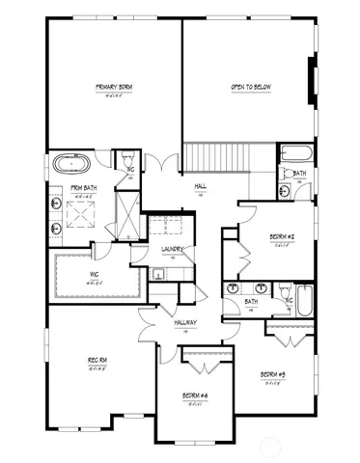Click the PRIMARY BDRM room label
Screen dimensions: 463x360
[114, 88]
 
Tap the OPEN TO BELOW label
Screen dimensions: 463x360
[248, 88]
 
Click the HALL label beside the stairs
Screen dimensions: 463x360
[201, 186]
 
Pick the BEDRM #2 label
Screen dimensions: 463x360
[281, 236]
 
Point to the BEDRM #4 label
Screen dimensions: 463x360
[196, 395]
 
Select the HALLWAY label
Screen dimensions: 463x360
[185, 322]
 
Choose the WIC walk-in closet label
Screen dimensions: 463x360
[94, 273]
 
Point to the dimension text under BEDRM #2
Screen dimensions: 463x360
[281, 245]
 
